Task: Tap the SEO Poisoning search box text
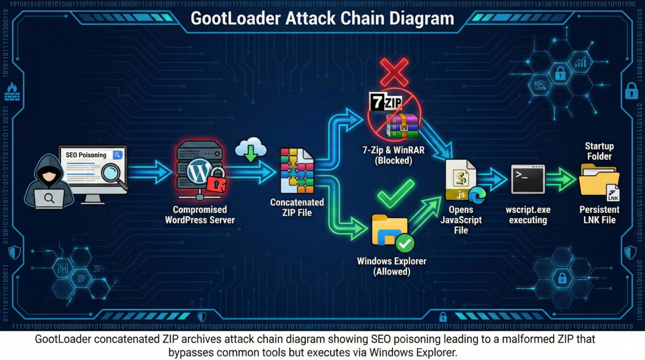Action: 86,155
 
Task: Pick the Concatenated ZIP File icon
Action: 297,171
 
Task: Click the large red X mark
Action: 394,72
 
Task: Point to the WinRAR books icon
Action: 403,124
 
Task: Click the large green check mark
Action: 395,193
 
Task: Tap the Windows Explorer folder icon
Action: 390,230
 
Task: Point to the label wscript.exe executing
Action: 528,215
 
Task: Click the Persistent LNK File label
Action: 599,215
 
